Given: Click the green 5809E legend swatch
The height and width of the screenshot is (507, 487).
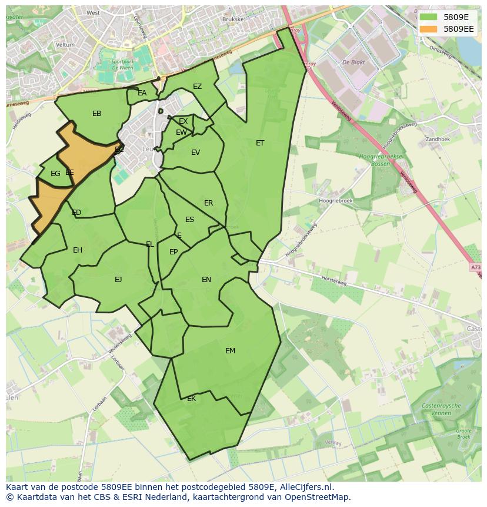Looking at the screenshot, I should tap(428, 16).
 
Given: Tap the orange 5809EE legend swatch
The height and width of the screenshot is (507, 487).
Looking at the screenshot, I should tap(428, 28).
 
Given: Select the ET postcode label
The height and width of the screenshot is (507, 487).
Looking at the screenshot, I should tap(260, 143).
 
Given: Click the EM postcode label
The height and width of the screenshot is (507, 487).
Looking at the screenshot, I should tap(230, 351).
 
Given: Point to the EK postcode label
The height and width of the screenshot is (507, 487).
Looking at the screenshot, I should tap(191, 399).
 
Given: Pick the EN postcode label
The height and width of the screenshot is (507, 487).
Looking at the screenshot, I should tap(206, 280).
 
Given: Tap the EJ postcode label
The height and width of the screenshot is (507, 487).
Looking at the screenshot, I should tap(118, 280).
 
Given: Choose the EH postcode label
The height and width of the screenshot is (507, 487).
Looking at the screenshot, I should tap(78, 250).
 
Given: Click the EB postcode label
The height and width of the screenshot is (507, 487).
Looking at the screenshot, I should tap(97, 114).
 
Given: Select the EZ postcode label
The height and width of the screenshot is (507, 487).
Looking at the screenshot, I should tap(197, 87).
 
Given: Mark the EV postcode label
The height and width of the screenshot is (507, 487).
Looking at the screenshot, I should tap(195, 153).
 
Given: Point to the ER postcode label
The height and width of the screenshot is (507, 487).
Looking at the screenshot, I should tap(209, 203).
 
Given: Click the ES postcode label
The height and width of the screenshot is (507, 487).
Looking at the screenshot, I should tap(189, 220).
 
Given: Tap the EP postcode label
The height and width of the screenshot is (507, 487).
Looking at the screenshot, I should tap(174, 252).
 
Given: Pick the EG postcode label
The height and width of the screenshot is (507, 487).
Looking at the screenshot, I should tap(55, 174).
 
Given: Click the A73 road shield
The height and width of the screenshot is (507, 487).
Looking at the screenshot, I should tap(475, 267).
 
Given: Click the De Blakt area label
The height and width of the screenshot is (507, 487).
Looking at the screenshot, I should tap(353, 62).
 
